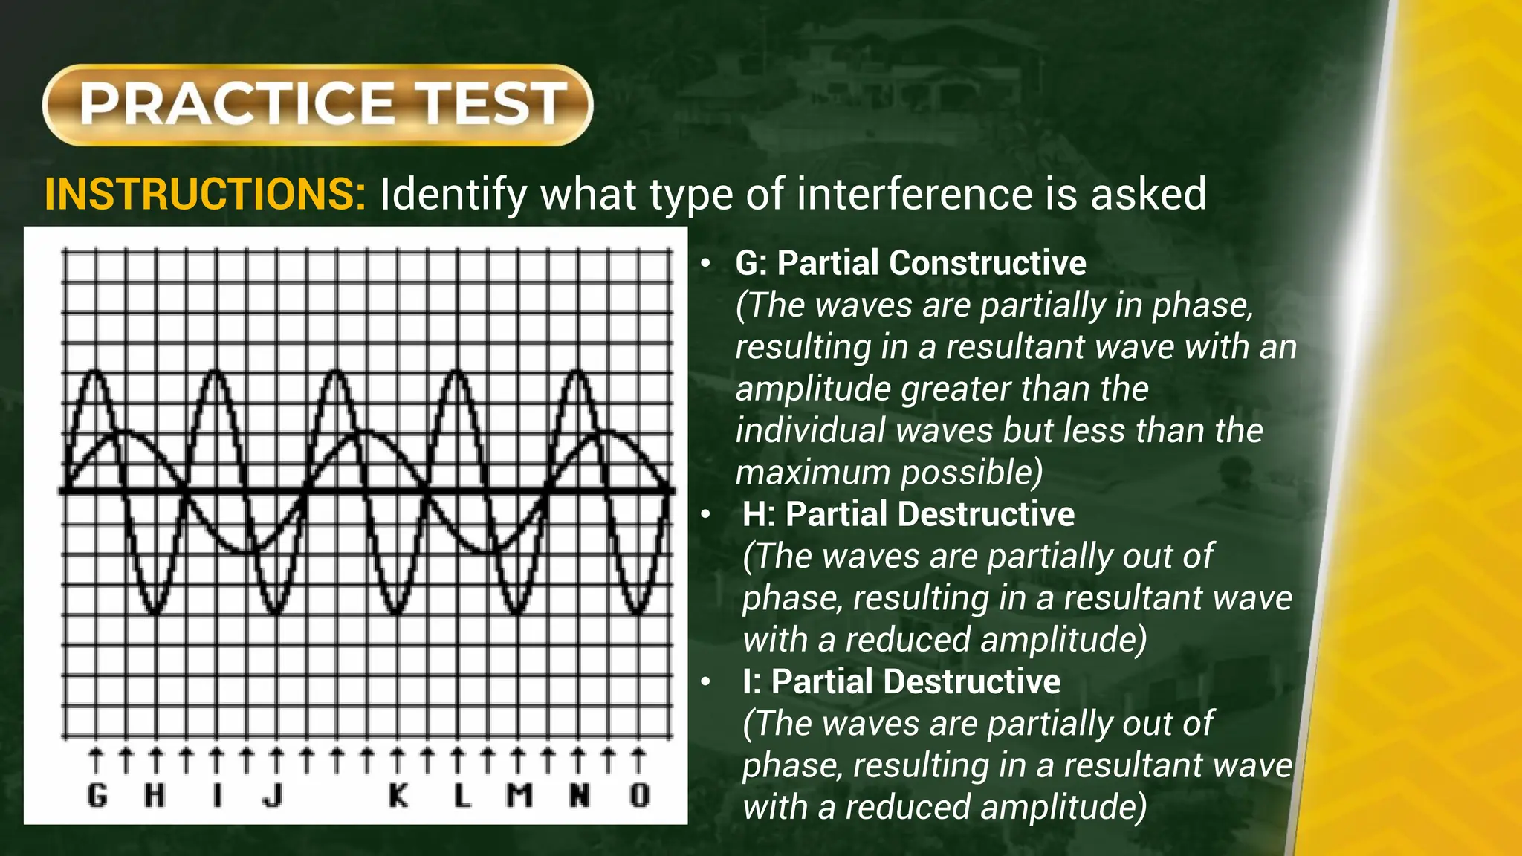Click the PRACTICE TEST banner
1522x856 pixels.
tap(317, 104)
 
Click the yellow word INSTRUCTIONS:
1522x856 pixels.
tap(205, 195)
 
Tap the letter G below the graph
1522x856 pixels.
tap(97, 796)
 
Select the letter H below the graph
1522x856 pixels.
tap(155, 796)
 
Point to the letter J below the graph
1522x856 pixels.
tap(273, 796)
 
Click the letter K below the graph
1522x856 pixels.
tap(398, 796)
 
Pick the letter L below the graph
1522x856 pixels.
tap(462, 796)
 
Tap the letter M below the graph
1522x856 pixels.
tap(519, 796)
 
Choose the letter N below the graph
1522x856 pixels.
tap(580, 796)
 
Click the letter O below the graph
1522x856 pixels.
tap(639, 796)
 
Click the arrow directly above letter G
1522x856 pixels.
tap(96, 761)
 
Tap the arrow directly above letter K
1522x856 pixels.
tap(398, 761)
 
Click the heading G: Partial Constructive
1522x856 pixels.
tap(910, 263)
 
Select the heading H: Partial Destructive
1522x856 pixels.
tap(908, 514)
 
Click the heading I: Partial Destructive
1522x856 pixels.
tap(901, 681)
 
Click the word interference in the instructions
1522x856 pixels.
tap(914, 195)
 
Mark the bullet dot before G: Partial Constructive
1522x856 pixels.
tap(706, 264)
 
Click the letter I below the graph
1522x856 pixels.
tap(217, 796)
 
